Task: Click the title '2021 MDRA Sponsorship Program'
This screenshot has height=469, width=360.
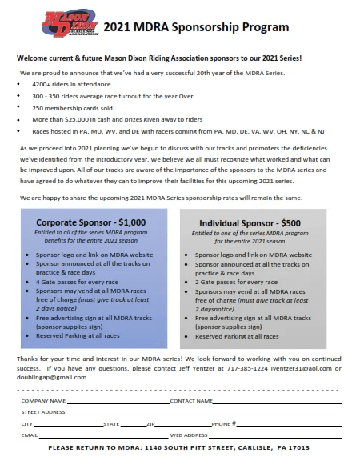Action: click(196, 27)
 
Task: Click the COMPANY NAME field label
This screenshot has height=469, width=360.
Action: click(43, 400)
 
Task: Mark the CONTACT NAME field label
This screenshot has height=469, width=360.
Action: click(191, 400)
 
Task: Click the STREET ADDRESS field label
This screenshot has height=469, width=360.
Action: click(43, 411)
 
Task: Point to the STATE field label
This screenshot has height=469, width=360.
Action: click(111, 423)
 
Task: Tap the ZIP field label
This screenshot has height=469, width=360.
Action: click(150, 423)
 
